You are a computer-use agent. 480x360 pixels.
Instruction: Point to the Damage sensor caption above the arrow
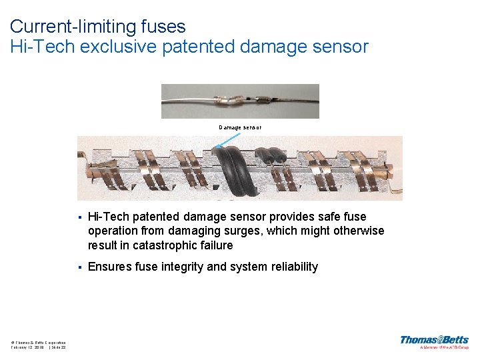(240, 127)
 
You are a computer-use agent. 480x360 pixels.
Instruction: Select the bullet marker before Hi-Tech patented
(79, 217)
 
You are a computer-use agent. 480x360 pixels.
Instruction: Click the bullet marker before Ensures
(79, 267)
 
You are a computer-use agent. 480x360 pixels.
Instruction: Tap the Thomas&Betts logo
(434, 340)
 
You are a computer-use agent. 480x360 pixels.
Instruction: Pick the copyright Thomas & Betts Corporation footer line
(38, 341)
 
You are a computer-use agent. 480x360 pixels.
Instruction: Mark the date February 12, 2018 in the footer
(27, 347)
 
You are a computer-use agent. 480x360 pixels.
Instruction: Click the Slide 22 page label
(56, 347)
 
